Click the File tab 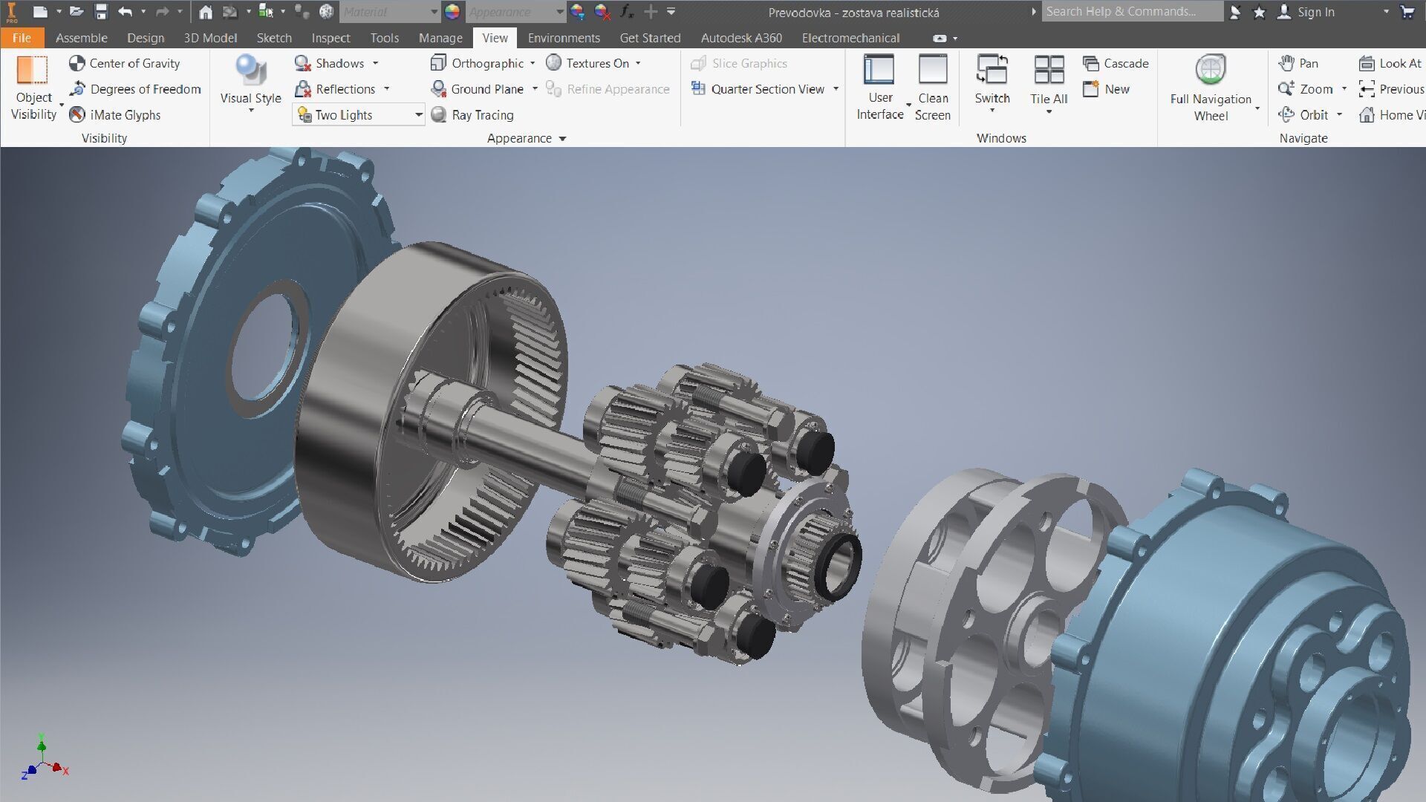[22, 38]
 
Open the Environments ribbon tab [563, 38]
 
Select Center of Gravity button [125, 63]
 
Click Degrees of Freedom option [136, 89]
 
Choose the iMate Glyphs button [115, 115]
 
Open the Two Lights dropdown [418, 115]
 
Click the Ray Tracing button [472, 115]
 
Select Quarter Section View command [759, 89]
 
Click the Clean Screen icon [932, 71]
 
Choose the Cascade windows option [1116, 63]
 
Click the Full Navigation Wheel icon [1211, 71]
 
